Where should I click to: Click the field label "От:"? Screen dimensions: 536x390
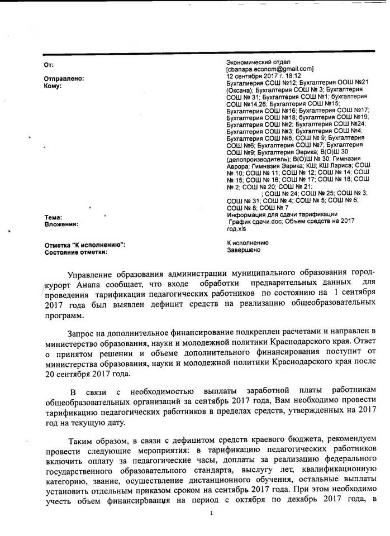point(49,65)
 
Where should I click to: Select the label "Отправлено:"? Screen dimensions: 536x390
point(64,79)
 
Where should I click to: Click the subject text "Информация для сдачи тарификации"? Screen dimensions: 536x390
point(282,215)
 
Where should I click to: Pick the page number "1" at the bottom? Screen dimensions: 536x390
point(211,512)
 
